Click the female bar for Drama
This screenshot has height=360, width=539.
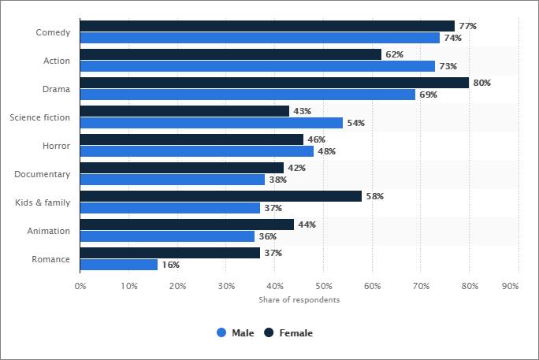(274, 83)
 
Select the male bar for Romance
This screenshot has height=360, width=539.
(119, 265)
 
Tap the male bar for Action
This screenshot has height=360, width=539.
(258, 66)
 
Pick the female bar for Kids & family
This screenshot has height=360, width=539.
(221, 196)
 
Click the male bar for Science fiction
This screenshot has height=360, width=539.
(211, 123)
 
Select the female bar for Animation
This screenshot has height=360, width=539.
(187, 225)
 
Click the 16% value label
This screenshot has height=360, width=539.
(170, 265)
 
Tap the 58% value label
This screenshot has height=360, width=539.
(374, 196)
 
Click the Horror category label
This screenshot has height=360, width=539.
(56, 146)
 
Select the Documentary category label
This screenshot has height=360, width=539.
(43, 174)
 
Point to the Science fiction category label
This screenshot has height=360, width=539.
(39, 117)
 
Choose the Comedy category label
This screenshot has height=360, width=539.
(53, 32)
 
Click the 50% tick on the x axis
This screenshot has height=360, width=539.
(323, 286)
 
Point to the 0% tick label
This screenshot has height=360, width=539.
(80, 286)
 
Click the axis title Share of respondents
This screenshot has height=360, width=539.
(299, 300)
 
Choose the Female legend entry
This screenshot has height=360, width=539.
(288, 333)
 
